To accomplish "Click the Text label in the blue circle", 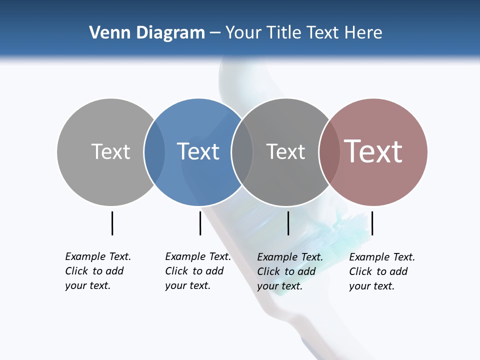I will point(198,151).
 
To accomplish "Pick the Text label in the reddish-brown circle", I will point(373,151).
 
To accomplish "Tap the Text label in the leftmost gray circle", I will point(110,151).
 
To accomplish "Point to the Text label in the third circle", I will point(285,152).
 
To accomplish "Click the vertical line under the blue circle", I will point(200,223).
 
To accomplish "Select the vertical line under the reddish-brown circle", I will point(372,223).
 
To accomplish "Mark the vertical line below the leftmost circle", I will point(112,223).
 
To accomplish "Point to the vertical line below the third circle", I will point(288,223).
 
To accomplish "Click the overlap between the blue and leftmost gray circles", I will point(154,152).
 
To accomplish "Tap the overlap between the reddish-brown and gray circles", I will point(329,152).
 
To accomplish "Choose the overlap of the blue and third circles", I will point(242,152).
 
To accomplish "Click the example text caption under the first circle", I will point(98,271).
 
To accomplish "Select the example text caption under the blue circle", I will point(198,271).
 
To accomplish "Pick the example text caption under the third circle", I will point(290,271).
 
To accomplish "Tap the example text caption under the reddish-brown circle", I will point(382,271).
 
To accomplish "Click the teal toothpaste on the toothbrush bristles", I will point(345,228).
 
